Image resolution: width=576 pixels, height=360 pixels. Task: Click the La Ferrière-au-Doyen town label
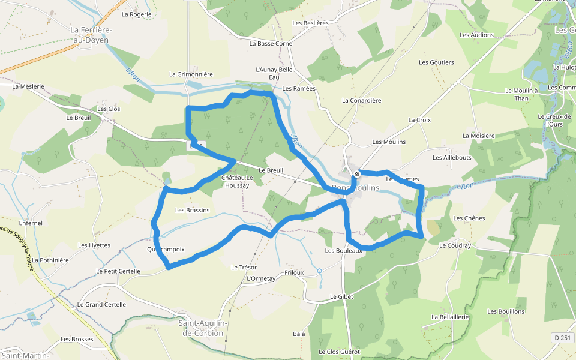coord(91,35)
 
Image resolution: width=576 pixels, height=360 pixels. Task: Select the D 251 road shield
coord(562,338)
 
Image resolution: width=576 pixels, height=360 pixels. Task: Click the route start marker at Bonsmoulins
coord(357,174)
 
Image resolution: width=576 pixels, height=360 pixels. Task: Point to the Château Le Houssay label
coord(238,182)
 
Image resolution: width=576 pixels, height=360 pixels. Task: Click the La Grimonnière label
coord(191,74)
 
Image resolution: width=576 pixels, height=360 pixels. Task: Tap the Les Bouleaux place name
coord(343,251)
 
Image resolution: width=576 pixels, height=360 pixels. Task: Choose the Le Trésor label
coord(244,267)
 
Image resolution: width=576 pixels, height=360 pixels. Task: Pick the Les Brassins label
coord(192,210)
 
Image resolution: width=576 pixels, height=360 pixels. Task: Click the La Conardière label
coord(361,100)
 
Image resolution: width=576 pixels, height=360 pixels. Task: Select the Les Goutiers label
coord(436,62)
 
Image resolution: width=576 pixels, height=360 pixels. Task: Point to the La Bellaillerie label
coord(449,316)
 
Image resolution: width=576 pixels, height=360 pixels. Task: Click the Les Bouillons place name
coord(506,311)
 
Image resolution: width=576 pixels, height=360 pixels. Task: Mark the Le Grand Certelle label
coord(101,304)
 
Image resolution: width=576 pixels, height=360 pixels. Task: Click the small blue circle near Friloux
coord(319,271)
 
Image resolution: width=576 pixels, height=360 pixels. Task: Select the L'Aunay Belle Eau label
coord(274,73)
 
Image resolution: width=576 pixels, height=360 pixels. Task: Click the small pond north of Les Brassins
coord(167,179)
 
